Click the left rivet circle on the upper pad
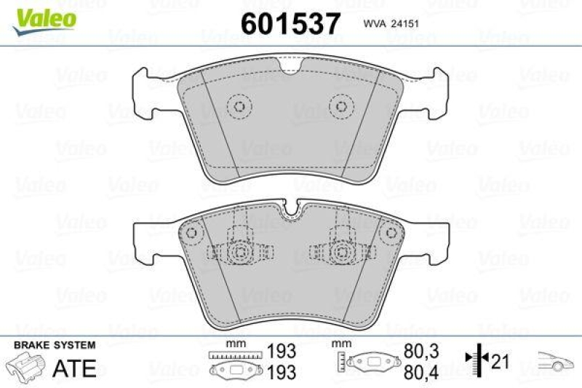point(238,106)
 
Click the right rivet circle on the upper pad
point(340,106)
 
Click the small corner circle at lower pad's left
point(192,234)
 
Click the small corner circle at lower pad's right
point(386,234)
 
